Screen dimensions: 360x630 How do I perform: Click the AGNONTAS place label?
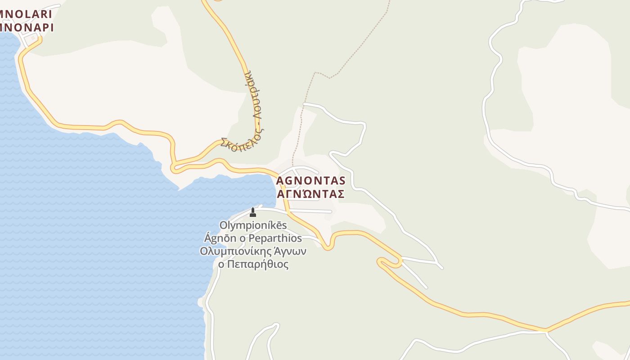(x=310, y=180)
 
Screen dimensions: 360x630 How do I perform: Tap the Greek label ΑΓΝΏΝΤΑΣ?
(x=310, y=194)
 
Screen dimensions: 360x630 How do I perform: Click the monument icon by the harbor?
(x=252, y=212)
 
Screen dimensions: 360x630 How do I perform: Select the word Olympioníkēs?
(x=253, y=225)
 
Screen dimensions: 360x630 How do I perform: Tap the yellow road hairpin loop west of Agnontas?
(x=174, y=168)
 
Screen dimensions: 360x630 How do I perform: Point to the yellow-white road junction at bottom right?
(x=546, y=331)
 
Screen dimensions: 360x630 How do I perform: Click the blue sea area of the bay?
(x=90, y=225)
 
